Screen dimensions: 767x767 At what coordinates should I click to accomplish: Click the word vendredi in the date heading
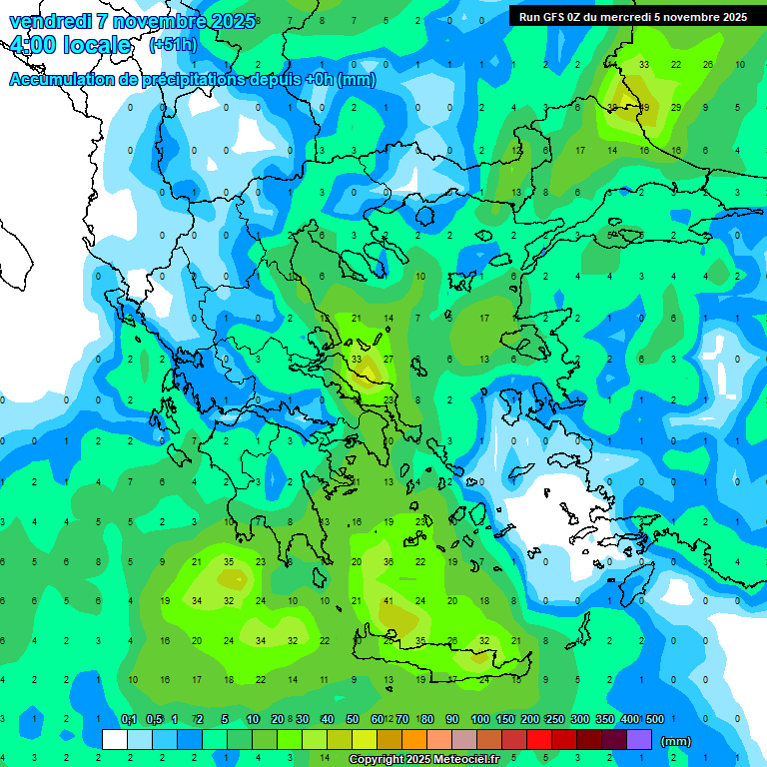coord(51,21)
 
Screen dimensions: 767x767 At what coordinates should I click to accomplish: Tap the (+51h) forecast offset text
coord(172,45)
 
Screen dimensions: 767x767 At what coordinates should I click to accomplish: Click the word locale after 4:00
coord(94,45)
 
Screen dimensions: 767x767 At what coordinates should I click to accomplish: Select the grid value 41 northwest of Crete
coord(388,601)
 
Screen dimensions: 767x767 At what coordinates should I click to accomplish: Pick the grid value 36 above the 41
coord(388,562)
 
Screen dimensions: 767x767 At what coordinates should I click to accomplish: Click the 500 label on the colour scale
coord(655,719)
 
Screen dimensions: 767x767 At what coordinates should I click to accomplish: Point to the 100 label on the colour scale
coord(480,719)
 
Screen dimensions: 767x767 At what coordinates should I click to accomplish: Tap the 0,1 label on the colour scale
coord(129,719)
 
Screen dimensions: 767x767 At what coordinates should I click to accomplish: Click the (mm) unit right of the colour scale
coord(676,741)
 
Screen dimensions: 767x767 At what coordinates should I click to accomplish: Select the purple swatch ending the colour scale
coord(639,740)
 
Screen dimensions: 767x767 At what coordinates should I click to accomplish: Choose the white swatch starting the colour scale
coord(115,740)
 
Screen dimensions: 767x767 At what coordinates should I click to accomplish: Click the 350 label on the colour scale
coord(605,719)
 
